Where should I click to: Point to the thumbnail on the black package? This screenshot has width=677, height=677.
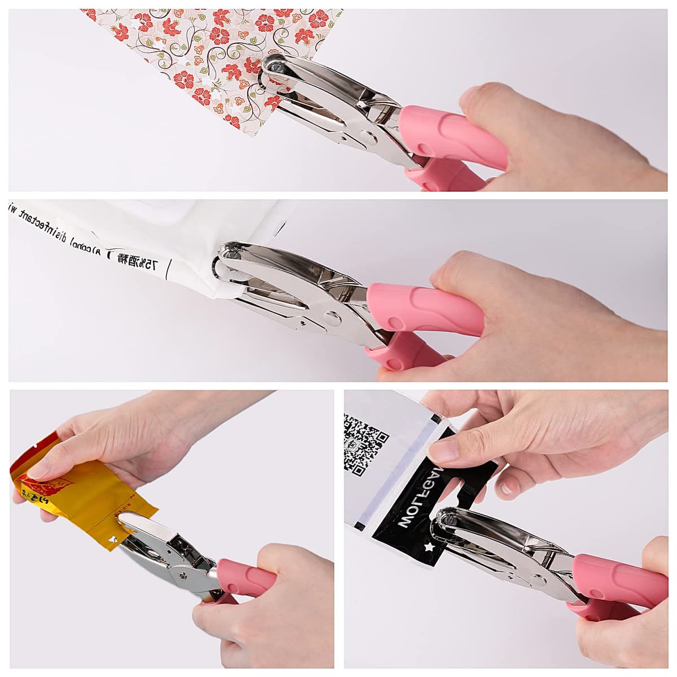pyautogui.click(x=443, y=450)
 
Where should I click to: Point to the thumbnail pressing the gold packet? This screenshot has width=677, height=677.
pyautogui.click(x=39, y=468)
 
